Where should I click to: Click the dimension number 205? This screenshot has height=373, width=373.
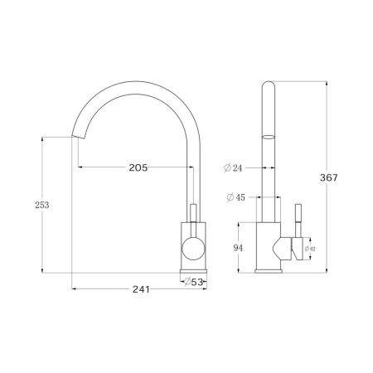[138, 167]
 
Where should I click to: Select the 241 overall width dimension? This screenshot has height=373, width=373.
[140, 289]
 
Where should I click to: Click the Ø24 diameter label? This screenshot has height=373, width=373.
[234, 169]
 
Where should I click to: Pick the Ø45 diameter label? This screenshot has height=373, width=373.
[236, 197]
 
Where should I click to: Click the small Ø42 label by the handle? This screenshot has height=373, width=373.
[308, 247]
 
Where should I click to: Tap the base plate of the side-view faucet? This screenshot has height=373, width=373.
[270, 269]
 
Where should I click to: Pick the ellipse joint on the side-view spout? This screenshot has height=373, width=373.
[270, 133]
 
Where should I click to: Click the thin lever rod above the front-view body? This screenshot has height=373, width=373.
[192, 211]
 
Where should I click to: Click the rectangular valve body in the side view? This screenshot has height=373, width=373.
[269, 245]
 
